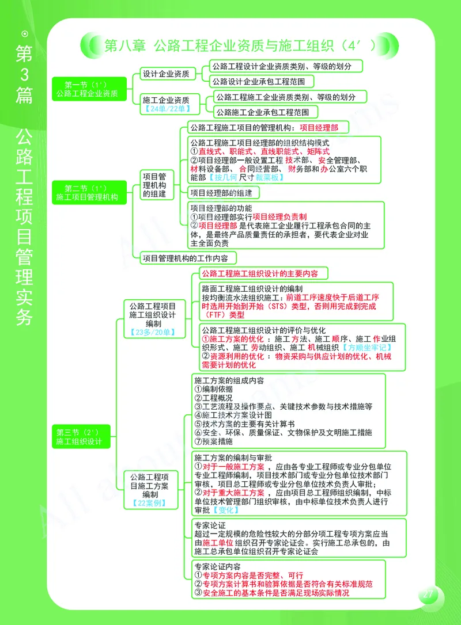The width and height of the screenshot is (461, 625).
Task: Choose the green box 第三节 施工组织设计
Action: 80,437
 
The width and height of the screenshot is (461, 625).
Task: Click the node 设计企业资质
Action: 168,74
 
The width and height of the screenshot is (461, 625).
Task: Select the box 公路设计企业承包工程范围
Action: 262,81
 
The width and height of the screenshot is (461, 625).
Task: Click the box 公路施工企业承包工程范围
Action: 266,112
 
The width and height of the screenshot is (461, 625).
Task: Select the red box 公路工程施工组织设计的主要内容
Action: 263,273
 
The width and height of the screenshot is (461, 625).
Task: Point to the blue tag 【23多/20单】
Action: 153,333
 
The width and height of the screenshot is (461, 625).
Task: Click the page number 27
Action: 428,594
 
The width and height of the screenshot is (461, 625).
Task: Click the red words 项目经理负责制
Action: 279,216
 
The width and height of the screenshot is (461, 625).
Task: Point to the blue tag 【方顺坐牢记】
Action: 366,348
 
